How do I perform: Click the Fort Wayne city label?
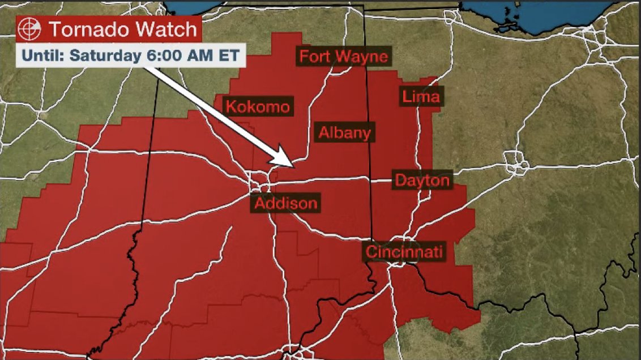(343, 57)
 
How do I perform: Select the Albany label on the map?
(344, 133)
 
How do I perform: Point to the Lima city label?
(421, 97)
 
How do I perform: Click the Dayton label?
(422, 181)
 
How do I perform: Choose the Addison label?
(286, 203)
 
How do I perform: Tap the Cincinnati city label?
(404, 252)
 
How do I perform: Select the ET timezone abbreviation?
(226, 56)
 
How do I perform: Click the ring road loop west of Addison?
(261, 184)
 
